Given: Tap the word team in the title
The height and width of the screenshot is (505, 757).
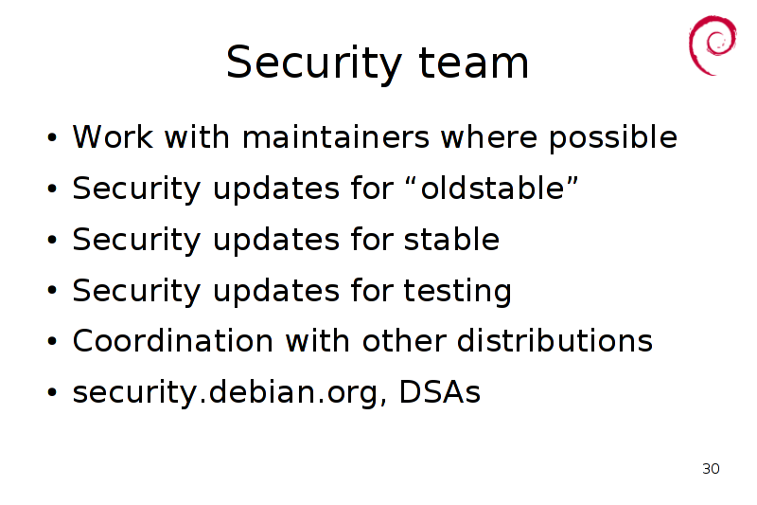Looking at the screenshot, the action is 474,63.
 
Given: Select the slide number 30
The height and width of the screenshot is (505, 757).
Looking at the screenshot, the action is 711,468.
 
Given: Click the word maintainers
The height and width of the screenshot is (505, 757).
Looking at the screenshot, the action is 336,136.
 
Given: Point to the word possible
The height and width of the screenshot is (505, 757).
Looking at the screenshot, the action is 613,138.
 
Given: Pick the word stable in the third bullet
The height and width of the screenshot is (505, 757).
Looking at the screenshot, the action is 451,239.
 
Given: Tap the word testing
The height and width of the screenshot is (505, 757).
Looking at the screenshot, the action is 457,292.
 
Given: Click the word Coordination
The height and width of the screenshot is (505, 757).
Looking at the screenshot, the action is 173,341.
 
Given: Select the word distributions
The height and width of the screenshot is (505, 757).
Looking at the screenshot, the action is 555,341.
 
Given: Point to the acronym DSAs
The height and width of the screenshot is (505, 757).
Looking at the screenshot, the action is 440,392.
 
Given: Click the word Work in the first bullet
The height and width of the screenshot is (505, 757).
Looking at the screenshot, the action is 113,137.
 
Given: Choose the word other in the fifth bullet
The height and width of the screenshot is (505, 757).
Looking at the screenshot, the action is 404,341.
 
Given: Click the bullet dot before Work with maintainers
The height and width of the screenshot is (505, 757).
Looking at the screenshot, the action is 52,137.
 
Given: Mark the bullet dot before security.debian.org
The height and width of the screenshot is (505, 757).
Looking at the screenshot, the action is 52,392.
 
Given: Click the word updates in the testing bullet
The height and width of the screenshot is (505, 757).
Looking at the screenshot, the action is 276,292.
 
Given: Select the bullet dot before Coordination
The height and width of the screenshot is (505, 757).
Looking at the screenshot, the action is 52,342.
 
